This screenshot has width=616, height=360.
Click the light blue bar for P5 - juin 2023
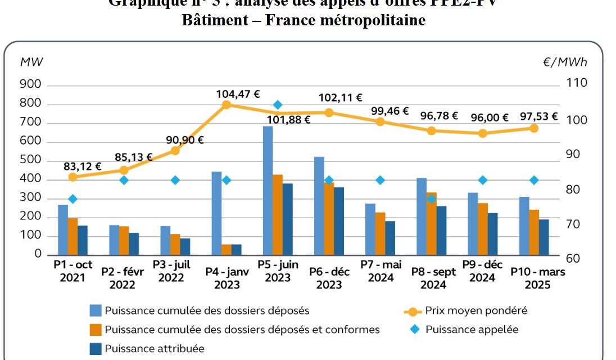[x=268, y=190]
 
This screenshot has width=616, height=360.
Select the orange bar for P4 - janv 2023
[x=227, y=249]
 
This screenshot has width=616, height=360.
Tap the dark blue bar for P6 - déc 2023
[x=339, y=220]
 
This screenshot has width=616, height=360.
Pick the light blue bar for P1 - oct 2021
[x=63, y=229]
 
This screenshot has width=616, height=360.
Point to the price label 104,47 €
[x=236, y=94]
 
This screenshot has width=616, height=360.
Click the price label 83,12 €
[x=83, y=166]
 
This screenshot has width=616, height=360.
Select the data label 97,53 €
[x=539, y=116]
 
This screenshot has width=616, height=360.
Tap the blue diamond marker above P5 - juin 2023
[x=278, y=105]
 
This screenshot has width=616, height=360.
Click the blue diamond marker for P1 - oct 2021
[x=73, y=199]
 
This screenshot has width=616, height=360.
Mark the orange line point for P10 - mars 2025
[x=534, y=128]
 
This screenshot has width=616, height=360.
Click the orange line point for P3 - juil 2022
[x=175, y=151]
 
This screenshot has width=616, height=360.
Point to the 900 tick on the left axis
[x=31, y=84]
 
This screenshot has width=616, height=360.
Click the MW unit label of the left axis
[x=31, y=62]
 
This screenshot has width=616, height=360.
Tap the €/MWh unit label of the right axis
[x=564, y=62]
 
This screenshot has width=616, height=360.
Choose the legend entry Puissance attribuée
[x=154, y=348]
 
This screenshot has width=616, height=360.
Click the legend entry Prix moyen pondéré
[x=476, y=310]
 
